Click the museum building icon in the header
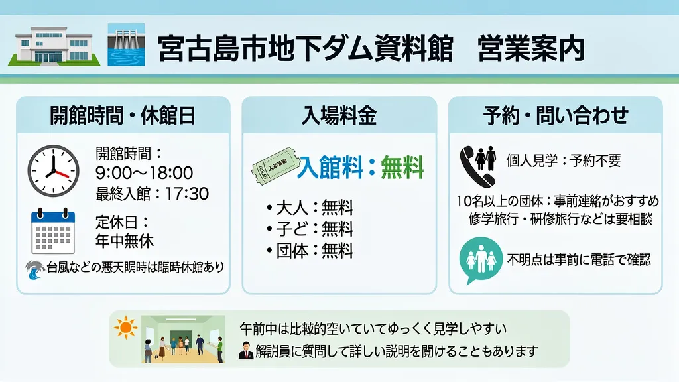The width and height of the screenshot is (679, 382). click(x=54, y=46)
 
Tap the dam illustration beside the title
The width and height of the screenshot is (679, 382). click(x=126, y=46)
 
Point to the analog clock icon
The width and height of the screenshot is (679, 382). click(x=53, y=170)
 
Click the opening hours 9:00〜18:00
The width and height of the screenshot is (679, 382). click(x=144, y=174)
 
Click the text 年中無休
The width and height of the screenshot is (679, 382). click(x=125, y=240)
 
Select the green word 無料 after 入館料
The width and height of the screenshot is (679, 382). click(x=402, y=168)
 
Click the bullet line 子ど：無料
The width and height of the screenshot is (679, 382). click(x=310, y=229)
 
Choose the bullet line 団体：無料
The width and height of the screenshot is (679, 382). click(x=310, y=251)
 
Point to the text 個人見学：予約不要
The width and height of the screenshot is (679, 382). click(x=563, y=160)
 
